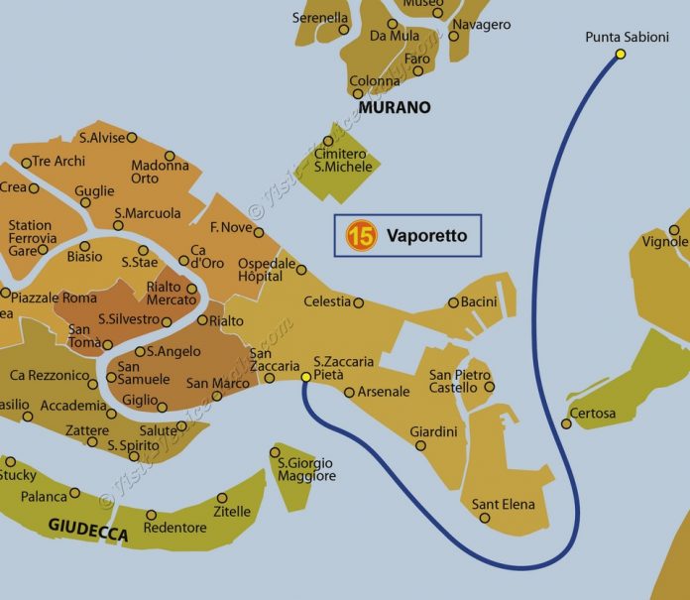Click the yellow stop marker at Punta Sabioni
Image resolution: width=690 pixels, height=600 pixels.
(621, 54)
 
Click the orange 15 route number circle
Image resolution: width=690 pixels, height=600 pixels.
(361, 237)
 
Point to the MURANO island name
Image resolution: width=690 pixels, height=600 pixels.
(395, 107)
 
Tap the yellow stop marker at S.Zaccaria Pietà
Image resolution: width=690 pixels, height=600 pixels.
(306, 377)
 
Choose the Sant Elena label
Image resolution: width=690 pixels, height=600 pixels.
(503, 505)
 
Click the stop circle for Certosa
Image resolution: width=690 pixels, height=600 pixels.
(566, 423)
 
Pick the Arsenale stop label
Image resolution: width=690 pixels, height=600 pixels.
(383, 392)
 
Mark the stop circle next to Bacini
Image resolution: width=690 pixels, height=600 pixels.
(453, 302)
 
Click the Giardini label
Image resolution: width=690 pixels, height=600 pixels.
(433, 431)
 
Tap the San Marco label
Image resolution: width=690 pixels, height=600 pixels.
(218, 384)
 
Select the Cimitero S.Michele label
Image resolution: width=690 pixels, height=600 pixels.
(343, 160)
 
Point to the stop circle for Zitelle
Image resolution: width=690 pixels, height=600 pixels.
(221, 498)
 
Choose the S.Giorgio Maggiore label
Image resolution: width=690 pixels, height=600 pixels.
(306, 469)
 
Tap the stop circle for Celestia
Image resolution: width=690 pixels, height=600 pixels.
(359, 302)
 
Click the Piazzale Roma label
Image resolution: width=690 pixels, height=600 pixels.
(54, 298)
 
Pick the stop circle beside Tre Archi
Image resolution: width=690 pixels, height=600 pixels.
(27, 163)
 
